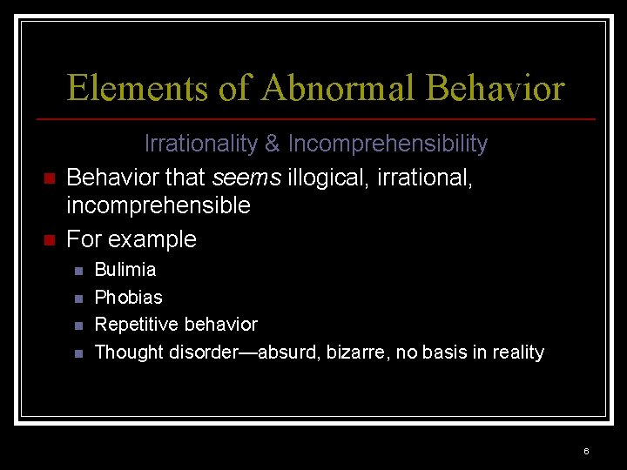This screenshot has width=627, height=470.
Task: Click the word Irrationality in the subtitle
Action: point(202,144)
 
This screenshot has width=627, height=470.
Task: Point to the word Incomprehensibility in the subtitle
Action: point(388,144)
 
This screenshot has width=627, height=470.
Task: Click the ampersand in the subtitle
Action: point(273,144)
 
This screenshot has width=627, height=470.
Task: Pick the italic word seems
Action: point(246,178)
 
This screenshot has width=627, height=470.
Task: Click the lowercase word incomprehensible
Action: point(158,206)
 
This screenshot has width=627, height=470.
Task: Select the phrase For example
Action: point(131,239)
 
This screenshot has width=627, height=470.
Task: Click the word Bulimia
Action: point(125,270)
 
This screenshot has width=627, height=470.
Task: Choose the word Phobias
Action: point(128,298)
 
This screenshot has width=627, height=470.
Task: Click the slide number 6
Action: point(586,451)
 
